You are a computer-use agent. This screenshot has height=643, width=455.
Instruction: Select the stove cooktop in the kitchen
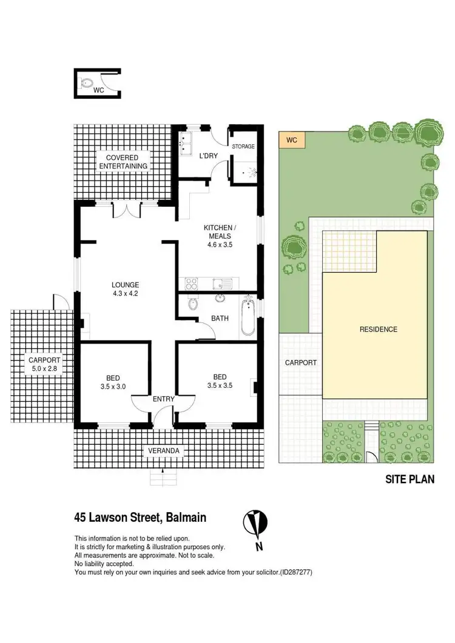192,283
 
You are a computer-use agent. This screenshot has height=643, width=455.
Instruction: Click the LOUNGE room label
126,285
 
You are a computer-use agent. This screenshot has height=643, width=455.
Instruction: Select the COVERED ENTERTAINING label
123,162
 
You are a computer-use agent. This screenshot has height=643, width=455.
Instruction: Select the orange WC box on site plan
292,140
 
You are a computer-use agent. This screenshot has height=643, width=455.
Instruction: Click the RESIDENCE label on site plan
378,330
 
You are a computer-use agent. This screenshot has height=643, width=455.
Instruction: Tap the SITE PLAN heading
410,479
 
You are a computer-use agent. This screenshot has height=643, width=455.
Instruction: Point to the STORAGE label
243,147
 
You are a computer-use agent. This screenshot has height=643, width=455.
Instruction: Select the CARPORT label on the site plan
300,362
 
